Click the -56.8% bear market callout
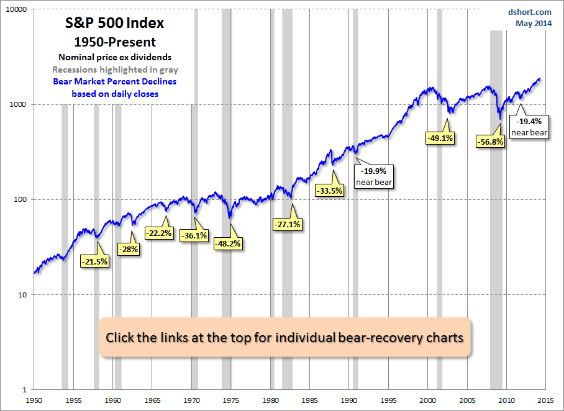[x=490, y=142]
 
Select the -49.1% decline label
[x=440, y=138]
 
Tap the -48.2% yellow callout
[x=227, y=244]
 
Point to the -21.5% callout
[x=94, y=261]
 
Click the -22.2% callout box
[x=158, y=233]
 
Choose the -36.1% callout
[x=194, y=236]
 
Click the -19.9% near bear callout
[x=373, y=176]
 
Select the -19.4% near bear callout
[x=529, y=127]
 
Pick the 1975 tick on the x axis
[x=231, y=400]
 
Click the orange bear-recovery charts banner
[x=284, y=338]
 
